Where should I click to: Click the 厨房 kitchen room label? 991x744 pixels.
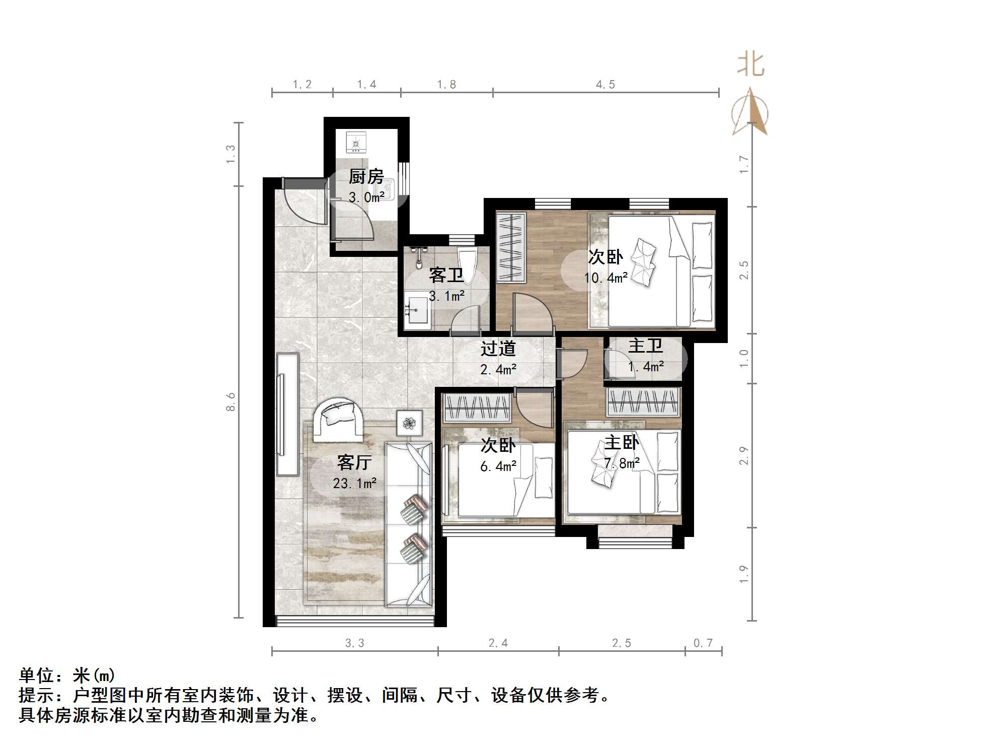[366, 177]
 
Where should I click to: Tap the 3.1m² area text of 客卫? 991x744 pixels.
[446, 296]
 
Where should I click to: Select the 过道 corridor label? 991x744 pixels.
[498, 349]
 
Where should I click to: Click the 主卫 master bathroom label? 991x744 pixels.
[645, 346]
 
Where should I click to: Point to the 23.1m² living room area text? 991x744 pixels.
[354, 484]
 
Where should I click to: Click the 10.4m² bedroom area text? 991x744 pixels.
[605, 278]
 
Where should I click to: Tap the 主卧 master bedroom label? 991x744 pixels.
[622, 443]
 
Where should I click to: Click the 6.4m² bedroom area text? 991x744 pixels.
[498, 466]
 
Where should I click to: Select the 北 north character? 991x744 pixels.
[750, 65]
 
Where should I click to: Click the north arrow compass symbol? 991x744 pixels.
[750, 113]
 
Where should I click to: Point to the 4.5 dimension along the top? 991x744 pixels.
[605, 85]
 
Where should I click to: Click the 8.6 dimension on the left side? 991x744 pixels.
[231, 402]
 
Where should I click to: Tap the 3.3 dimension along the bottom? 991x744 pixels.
[354, 643]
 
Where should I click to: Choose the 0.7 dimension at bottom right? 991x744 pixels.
[703, 643]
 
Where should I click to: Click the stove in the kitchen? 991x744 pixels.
[356, 142]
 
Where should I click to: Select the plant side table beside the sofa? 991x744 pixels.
[409, 422]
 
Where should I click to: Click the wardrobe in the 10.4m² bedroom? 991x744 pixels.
[510, 247]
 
